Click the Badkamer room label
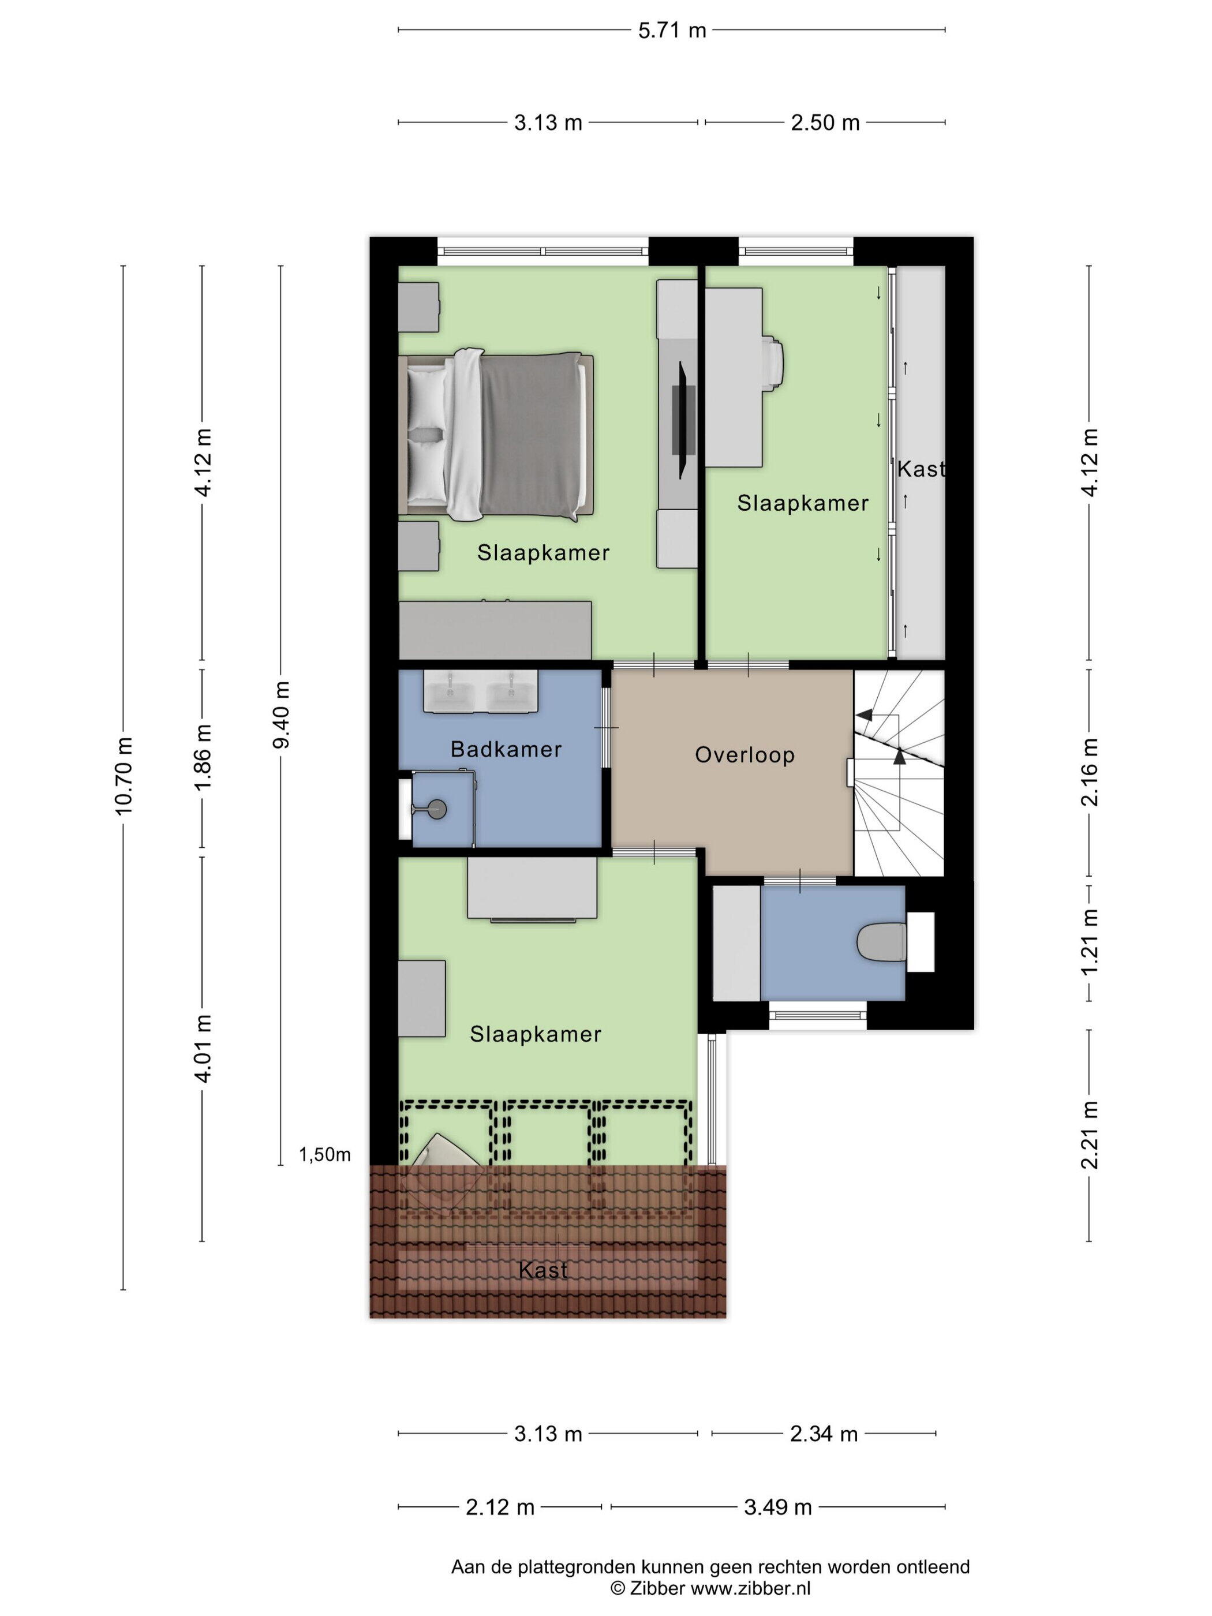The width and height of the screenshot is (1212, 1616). click(506, 749)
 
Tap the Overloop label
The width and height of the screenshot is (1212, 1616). click(745, 755)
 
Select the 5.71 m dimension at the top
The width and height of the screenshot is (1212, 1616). click(672, 30)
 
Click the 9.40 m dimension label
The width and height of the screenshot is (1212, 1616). click(280, 715)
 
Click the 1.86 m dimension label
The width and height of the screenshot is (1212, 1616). click(203, 756)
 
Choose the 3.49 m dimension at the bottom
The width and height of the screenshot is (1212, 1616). click(778, 1506)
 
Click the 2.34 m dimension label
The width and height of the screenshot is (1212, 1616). click(824, 1434)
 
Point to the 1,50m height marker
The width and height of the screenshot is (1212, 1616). click(324, 1155)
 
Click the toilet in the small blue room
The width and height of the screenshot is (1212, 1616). click(882, 942)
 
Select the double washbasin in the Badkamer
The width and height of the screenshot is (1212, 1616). click(481, 690)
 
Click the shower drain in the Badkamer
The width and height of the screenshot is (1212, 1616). click(437, 808)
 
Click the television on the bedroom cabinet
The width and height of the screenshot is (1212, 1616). click(684, 421)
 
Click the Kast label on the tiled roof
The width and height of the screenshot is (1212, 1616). click(543, 1270)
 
